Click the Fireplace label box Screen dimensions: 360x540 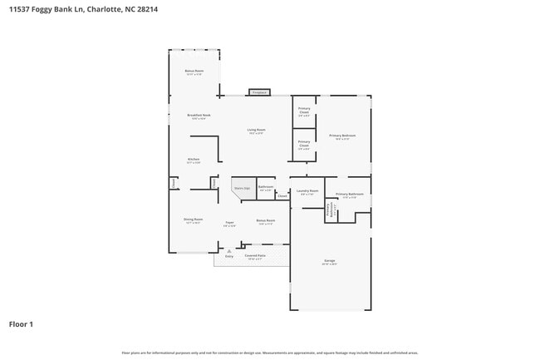pos(259,92)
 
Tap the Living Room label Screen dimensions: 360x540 pos(256,131)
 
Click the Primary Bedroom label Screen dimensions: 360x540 pos(342,136)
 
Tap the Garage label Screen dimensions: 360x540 pos(330,262)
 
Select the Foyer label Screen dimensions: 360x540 pos(229,223)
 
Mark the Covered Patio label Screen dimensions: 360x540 pos(255,256)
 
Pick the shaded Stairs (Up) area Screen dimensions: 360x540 pos(242,190)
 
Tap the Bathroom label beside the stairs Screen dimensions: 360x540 pos(266,188)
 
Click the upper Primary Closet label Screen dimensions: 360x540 pos(304,112)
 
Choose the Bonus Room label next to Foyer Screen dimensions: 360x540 pos(266,222)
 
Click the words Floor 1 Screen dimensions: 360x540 pos(21,323)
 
